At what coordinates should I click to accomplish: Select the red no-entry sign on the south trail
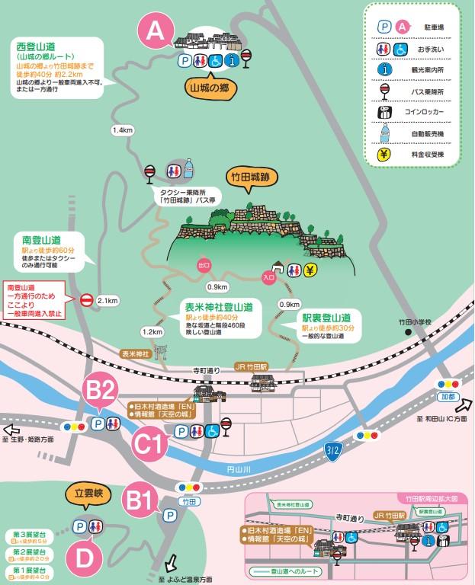86,300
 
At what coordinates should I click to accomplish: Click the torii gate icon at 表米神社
159,353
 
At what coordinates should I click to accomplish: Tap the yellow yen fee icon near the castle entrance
310,270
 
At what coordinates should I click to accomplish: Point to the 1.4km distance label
123,130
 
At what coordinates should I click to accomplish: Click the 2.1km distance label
108,300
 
